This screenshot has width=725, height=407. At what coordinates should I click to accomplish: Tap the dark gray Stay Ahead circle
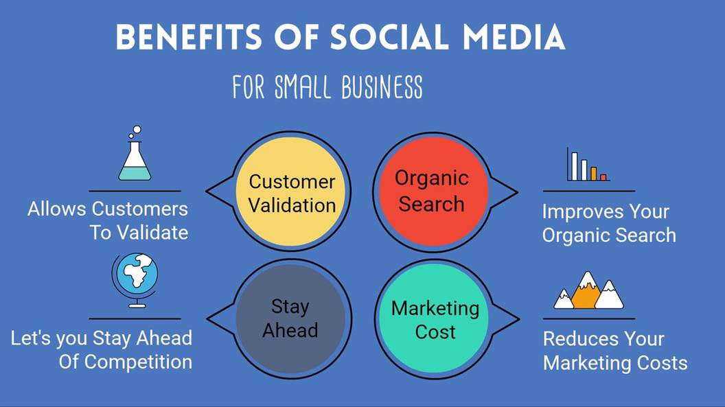click(290, 318)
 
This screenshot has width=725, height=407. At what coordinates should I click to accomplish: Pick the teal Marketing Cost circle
click(435, 320)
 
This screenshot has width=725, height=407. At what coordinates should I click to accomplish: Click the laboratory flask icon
click(135, 159)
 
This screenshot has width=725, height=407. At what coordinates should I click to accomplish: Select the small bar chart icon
click(588, 165)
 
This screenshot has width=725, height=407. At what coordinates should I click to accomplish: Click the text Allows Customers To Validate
click(108, 220)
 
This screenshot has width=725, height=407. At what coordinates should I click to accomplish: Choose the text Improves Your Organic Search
click(608, 223)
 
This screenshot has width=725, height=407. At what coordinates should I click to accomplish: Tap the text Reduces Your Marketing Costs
click(614, 351)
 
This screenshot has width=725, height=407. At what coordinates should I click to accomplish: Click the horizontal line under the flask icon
click(135, 191)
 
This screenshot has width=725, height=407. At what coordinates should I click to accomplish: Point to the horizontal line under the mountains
click(588, 318)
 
